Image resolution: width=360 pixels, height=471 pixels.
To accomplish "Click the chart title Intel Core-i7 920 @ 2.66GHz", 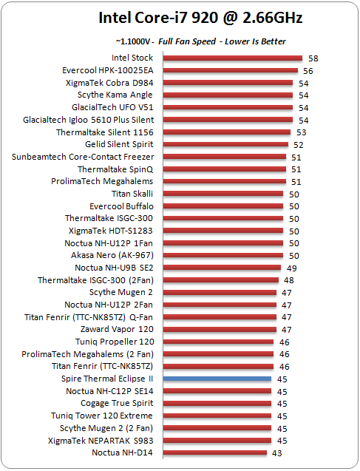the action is pyautogui.click(x=200, y=18).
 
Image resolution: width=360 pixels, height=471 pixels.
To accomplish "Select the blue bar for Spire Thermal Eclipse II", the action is pyautogui.click(x=217, y=379).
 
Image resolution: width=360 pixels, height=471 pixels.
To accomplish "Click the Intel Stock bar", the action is pyautogui.click(x=233, y=58).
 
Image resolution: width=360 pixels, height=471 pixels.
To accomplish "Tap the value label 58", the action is pyautogui.click(x=313, y=58).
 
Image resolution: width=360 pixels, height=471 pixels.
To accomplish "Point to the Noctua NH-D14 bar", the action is pyautogui.click(x=215, y=453).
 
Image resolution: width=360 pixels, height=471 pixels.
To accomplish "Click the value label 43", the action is pyautogui.click(x=276, y=453).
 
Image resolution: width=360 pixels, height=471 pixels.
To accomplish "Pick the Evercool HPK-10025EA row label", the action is pyautogui.click(x=108, y=70).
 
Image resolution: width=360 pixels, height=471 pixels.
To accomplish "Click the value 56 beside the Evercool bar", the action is pyautogui.click(x=308, y=71).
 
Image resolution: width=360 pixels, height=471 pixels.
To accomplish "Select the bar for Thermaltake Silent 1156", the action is pyautogui.click(x=227, y=132).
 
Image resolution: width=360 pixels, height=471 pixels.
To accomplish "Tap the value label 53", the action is pyautogui.click(x=301, y=132).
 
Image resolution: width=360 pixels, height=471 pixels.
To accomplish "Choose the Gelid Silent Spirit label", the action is pyautogui.click(x=119, y=144).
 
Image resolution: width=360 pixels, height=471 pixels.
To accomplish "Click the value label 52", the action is pyautogui.click(x=298, y=145).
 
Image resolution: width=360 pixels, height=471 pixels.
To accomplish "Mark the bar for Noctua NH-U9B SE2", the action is pyautogui.click(x=223, y=268).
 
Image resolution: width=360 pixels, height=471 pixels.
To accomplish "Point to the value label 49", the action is pyautogui.click(x=291, y=268).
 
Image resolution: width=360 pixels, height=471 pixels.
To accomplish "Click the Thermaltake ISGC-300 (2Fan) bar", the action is pyautogui.click(x=221, y=280).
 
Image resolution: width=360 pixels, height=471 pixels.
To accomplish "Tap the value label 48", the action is pyautogui.click(x=288, y=280).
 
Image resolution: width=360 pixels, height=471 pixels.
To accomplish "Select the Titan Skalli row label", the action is pyautogui.click(x=132, y=194).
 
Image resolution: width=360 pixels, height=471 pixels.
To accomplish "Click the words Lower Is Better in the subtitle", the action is pyautogui.click(x=255, y=41).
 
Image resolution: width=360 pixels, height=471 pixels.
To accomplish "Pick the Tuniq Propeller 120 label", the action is pyautogui.click(x=115, y=342).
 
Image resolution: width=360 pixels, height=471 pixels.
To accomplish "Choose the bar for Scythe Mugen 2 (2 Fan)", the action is pyautogui.click(x=217, y=428).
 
